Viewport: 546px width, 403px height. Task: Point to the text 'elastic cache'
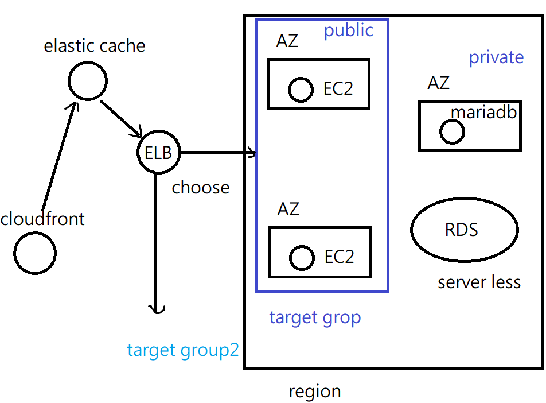pos(95,46)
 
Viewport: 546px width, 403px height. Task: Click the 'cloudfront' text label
pos(42,219)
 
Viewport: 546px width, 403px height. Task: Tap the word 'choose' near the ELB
pos(201,188)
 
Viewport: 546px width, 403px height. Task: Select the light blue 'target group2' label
pos(183,350)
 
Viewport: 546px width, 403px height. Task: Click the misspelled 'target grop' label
pos(315,318)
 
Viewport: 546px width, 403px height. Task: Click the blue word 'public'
pos(349,31)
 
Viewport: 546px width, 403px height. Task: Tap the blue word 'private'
pos(496,57)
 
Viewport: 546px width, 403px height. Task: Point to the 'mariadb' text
pos(483,113)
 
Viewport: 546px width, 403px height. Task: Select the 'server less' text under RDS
pos(479,282)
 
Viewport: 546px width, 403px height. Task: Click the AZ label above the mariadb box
pos(438,83)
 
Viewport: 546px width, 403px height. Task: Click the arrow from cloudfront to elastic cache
pos(59,156)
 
